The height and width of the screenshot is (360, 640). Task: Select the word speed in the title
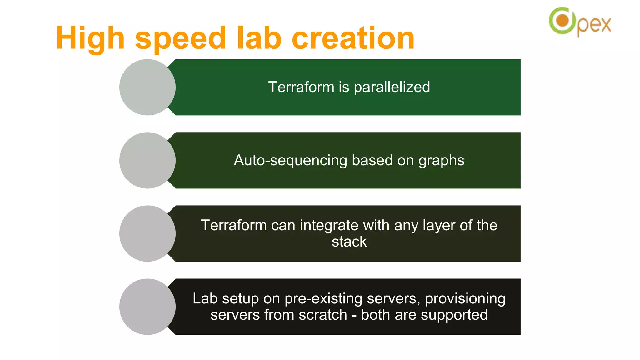180,38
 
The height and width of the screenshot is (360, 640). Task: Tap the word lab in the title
259,38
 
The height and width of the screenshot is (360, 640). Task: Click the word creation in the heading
353,38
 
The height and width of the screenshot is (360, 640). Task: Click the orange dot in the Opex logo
562,21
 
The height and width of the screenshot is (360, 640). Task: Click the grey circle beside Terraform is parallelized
147,87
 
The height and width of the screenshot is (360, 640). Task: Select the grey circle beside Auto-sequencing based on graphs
147,160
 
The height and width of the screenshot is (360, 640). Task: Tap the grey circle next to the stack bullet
147,233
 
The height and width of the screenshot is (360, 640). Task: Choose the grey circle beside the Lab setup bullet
147,307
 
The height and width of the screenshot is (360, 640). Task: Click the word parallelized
392,87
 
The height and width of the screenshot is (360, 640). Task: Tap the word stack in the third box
349,242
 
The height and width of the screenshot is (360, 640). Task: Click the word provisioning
465,299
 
